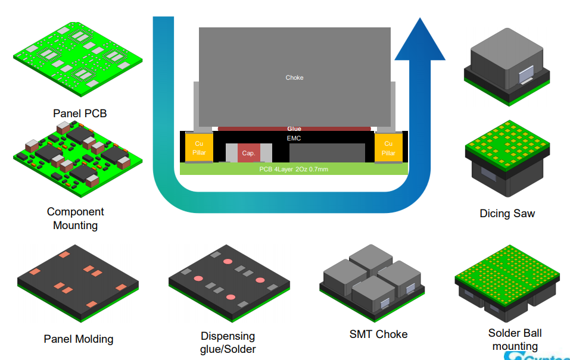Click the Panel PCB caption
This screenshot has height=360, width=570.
click(80, 113)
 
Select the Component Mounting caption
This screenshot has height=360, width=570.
click(76, 218)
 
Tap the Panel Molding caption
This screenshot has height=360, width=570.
click(79, 339)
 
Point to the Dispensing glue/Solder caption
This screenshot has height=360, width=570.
click(228, 343)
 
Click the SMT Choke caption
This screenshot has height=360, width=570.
click(378, 334)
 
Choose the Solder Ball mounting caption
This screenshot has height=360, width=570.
click(515, 340)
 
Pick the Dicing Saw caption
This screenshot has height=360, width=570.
click(507, 213)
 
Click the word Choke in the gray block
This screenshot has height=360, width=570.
click(294, 78)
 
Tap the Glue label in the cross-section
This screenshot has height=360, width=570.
click(294, 129)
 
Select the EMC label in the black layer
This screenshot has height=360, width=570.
click(294, 137)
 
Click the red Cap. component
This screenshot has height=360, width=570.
click(248, 153)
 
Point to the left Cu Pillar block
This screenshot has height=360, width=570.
click(199, 148)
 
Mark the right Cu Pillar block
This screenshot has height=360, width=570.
click(388, 148)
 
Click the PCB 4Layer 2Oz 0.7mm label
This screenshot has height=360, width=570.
click(294, 169)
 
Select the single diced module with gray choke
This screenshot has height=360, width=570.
click(507, 65)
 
